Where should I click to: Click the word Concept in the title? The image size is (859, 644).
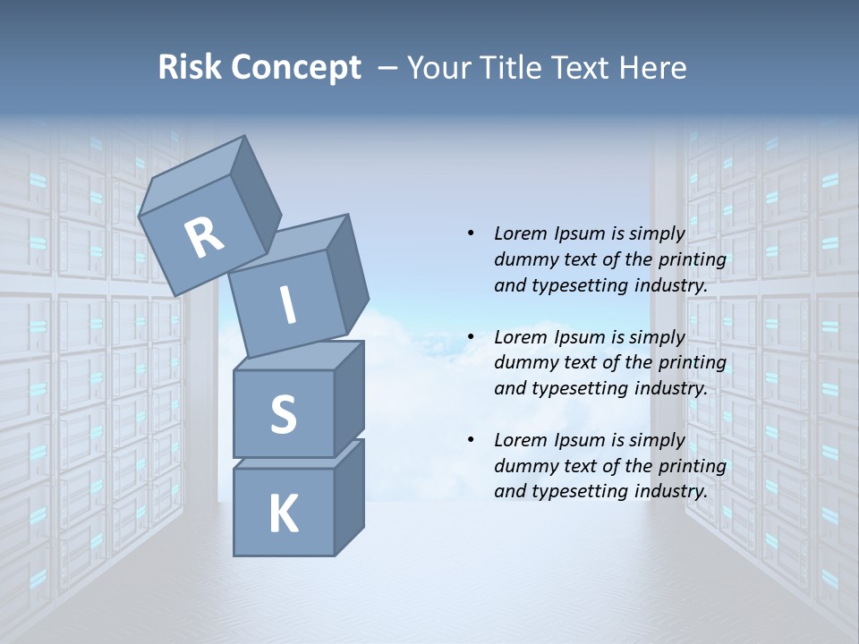pyautogui.click(x=294, y=68)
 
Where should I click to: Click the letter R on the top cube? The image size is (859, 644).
pyautogui.click(x=205, y=238)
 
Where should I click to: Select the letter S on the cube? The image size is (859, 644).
pyautogui.click(x=283, y=415)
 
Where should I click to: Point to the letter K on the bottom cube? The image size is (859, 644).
pyautogui.click(x=283, y=514)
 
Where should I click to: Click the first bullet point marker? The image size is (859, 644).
pyautogui.click(x=471, y=233)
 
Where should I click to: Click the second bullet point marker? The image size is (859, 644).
pyautogui.click(x=471, y=337)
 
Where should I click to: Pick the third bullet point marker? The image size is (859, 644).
pyautogui.click(x=471, y=440)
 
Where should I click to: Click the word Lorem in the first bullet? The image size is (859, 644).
pyautogui.click(x=519, y=233)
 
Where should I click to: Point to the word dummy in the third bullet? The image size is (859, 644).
pyautogui.click(x=523, y=466)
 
